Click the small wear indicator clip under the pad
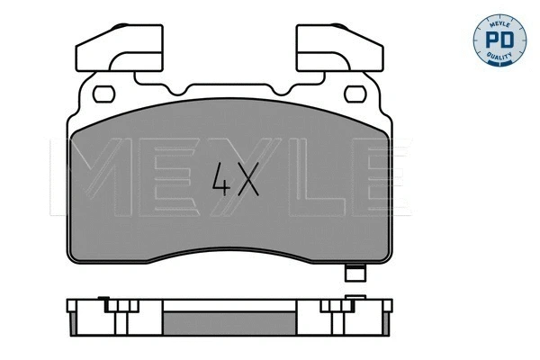pos(355,275)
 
